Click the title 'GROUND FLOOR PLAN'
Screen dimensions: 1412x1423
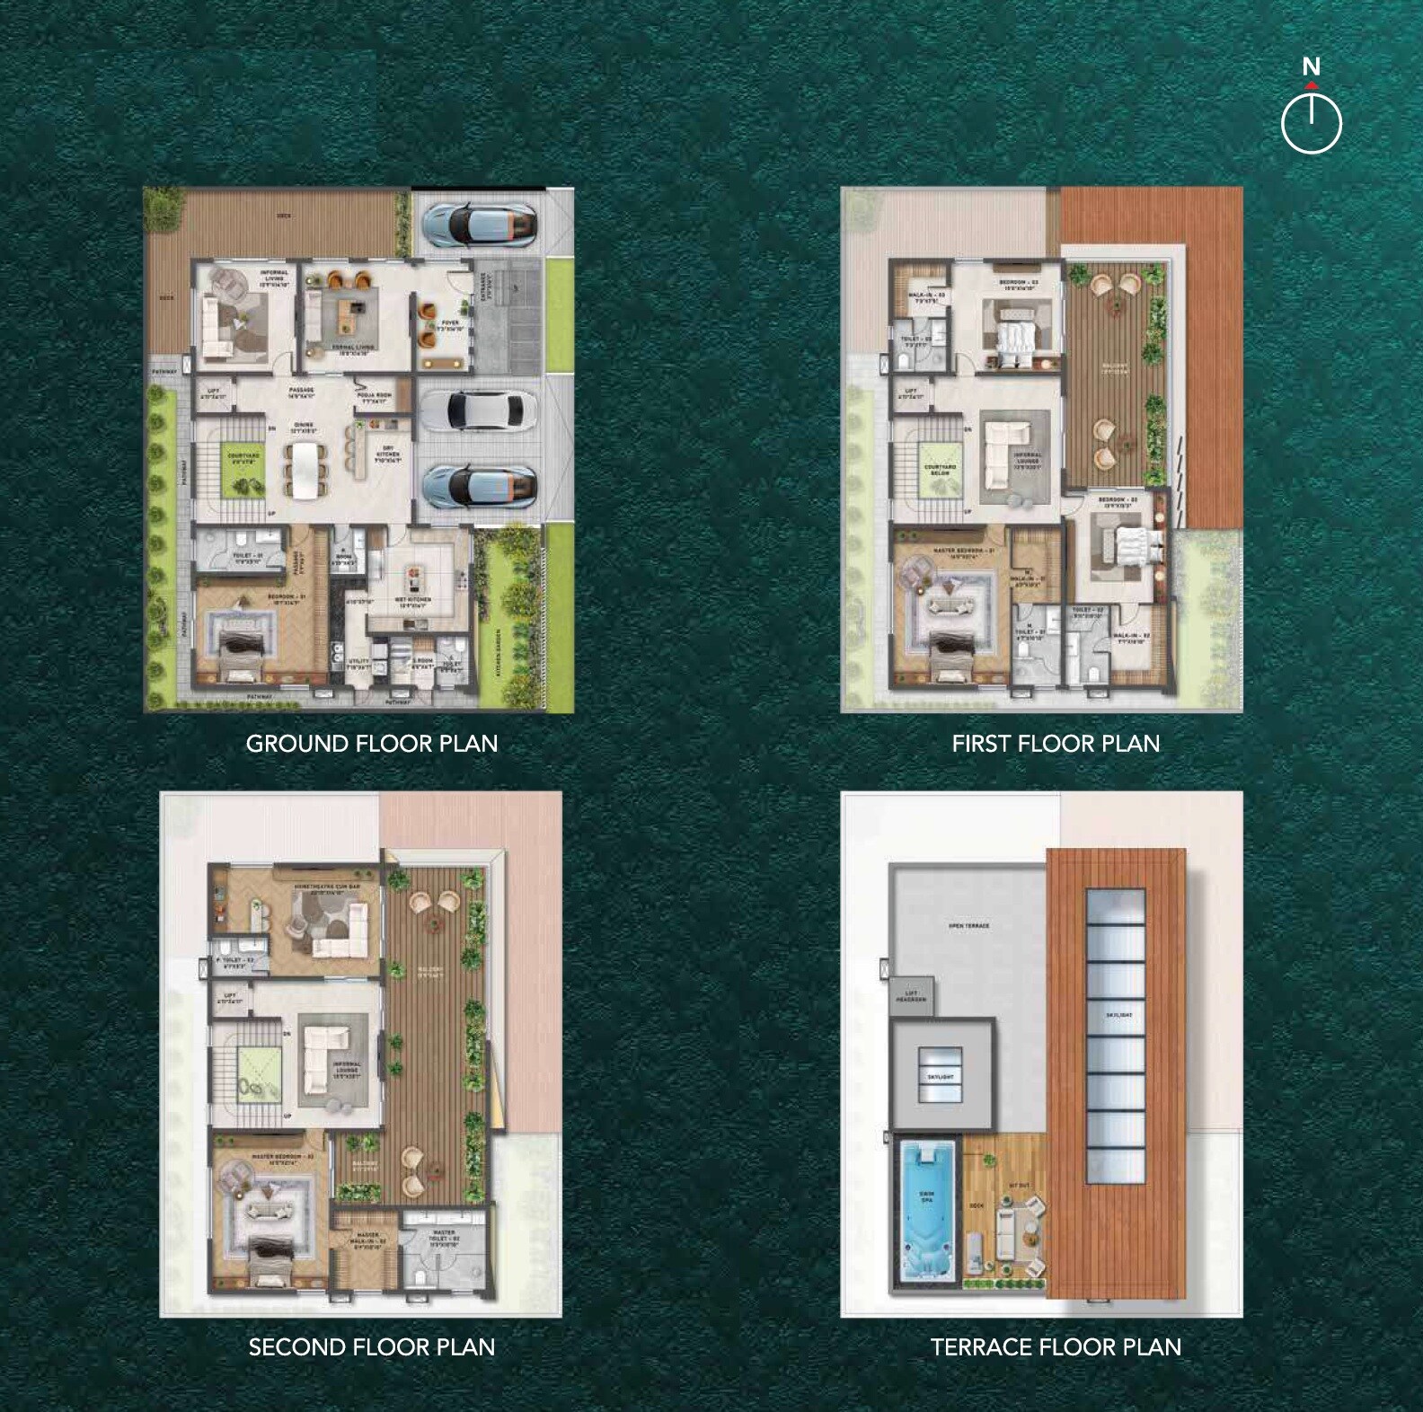click(372, 744)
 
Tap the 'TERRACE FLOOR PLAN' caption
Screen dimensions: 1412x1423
click(1056, 1347)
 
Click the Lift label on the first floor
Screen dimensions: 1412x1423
click(912, 393)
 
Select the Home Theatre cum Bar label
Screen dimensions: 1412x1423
click(327, 889)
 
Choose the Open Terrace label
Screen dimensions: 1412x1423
click(968, 925)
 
